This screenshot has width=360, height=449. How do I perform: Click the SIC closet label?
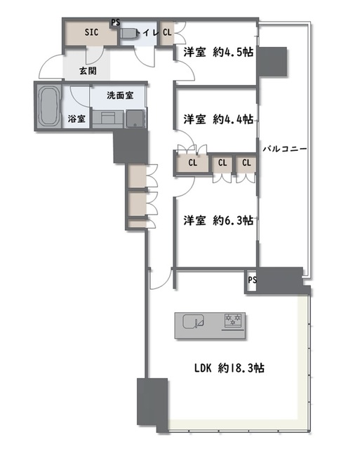91,32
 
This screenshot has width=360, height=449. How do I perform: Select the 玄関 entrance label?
87,72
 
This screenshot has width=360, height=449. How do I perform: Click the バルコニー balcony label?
284,149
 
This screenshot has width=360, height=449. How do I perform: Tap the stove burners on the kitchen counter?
233,322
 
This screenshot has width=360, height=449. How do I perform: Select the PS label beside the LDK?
252,281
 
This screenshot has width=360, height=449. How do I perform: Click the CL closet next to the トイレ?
167,32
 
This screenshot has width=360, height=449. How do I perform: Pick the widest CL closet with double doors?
192,163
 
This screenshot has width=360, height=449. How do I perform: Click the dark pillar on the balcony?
274,61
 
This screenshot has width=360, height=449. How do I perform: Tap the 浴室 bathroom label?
77,119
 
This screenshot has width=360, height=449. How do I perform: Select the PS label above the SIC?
114,22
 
